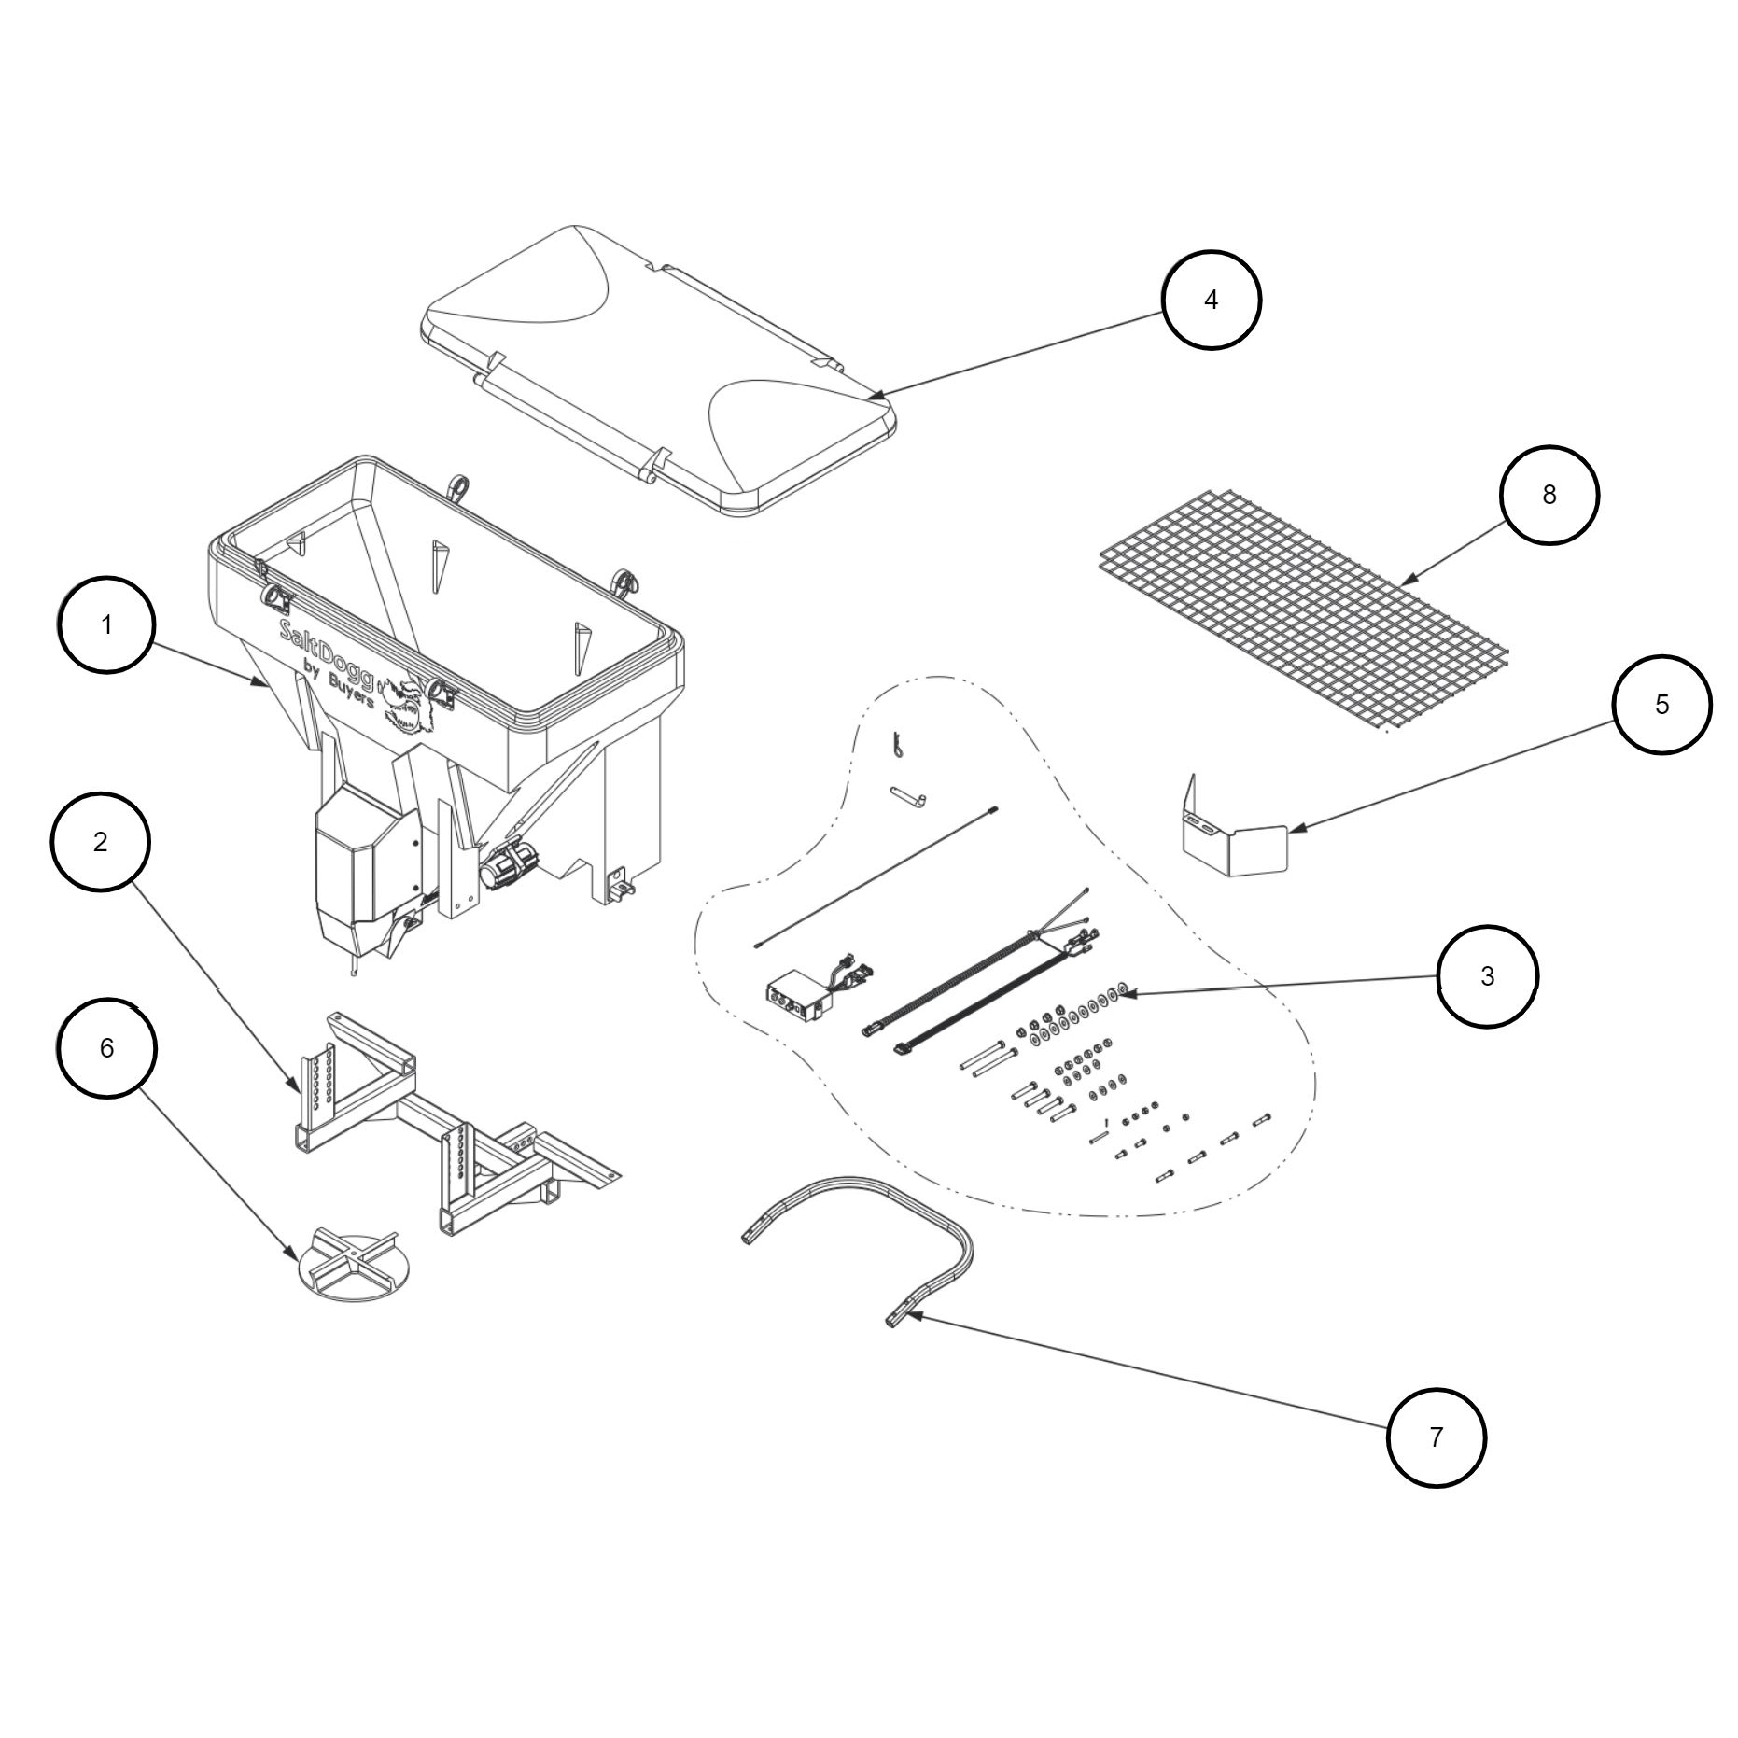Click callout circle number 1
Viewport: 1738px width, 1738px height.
click(x=106, y=624)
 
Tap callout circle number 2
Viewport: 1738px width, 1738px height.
click(x=100, y=842)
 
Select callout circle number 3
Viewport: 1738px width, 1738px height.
click(x=1486, y=976)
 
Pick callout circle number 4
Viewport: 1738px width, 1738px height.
click(x=1211, y=300)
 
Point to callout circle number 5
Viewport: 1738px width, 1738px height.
click(x=1661, y=705)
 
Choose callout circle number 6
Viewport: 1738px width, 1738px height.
click(x=106, y=1048)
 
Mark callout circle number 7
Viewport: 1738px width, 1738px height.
click(x=1436, y=1437)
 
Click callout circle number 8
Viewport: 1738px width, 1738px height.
click(x=1549, y=495)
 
